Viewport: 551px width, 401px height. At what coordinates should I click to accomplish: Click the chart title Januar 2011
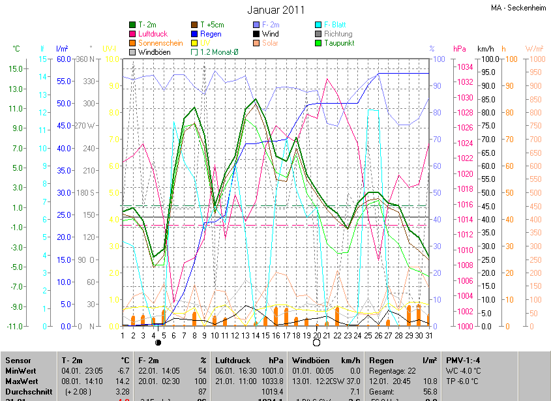(276, 10)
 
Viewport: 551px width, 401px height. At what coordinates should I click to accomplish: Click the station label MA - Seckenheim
(518, 8)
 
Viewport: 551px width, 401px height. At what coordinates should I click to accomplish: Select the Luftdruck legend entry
(153, 34)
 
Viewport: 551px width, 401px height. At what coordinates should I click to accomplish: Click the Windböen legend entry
(154, 52)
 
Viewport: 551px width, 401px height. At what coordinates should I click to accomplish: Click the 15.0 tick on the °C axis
(16, 68)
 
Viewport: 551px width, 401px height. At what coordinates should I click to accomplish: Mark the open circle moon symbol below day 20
(317, 342)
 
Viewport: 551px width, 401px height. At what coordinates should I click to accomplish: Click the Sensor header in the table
(18, 360)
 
